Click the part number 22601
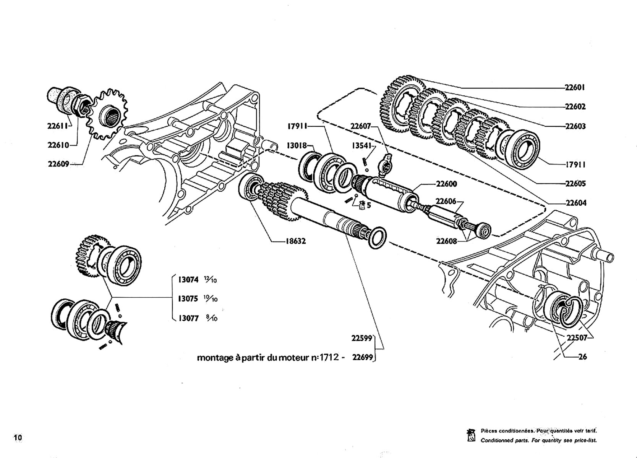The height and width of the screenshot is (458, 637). pyautogui.click(x=575, y=87)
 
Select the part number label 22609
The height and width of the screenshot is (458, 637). pyautogui.click(x=58, y=164)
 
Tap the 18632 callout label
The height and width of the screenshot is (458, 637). pyautogui.click(x=296, y=241)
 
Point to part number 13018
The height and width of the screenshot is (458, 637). pyautogui.click(x=297, y=145)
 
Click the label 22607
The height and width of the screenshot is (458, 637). pyautogui.click(x=361, y=126)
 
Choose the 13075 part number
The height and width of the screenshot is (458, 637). pyautogui.click(x=188, y=299)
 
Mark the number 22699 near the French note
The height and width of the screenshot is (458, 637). pyautogui.click(x=363, y=357)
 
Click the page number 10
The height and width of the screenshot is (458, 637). pyautogui.click(x=18, y=437)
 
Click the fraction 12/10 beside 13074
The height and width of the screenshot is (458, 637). pyautogui.click(x=211, y=280)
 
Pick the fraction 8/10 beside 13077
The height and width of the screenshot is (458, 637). pyautogui.click(x=212, y=318)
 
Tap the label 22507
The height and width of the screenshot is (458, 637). pyautogui.click(x=577, y=338)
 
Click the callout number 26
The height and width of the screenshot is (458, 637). pyautogui.click(x=583, y=357)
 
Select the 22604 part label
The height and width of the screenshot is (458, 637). pyautogui.click(x=576, y=203)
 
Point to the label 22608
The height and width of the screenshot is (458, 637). pyautogui.click(x=447, y=241)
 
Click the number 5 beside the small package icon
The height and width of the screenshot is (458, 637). pyautogui.click(x=368, y=205)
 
